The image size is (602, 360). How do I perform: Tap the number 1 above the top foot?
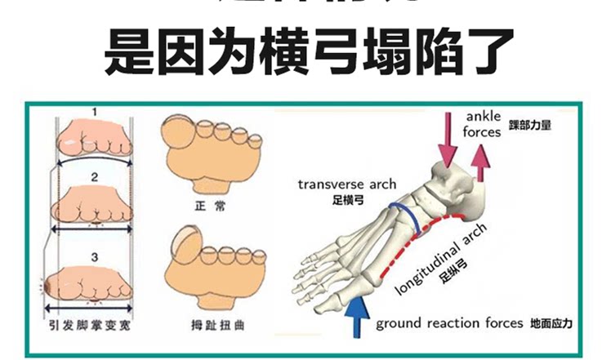[x=94, y=111]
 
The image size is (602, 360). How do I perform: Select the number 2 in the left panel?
[x=94, y=176]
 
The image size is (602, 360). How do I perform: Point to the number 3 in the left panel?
[x=94, y=257]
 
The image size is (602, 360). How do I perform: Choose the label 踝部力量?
[x=529, y=125]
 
